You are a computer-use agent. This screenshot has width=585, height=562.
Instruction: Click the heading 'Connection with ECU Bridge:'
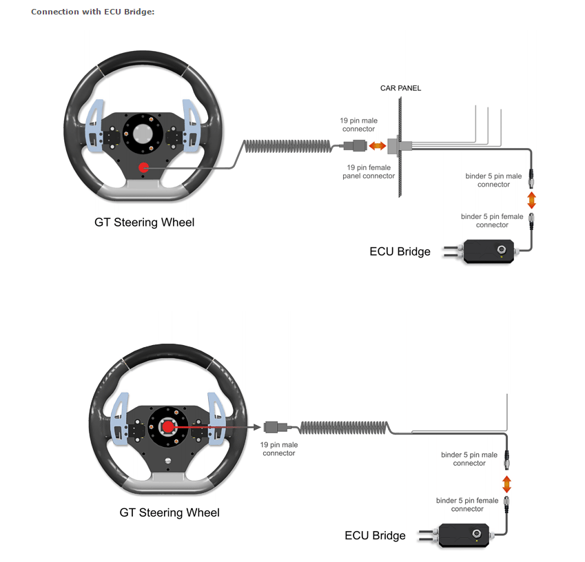pos(92,12)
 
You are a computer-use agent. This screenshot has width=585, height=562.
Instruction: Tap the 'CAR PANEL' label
pos(400,88)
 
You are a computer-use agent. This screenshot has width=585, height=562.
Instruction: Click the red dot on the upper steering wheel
pos(143,167)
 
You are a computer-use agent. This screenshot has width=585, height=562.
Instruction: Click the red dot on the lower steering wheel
pos(167,427)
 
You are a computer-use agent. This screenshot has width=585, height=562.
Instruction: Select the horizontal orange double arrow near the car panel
pos(377,146)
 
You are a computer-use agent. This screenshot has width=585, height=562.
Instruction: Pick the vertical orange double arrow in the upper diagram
pos(531,200)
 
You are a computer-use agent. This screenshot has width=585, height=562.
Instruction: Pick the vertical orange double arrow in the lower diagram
pos(506,482)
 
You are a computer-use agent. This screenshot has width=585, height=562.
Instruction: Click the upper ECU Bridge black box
pos(491,251)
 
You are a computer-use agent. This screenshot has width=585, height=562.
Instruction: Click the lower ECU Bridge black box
pos(465,534)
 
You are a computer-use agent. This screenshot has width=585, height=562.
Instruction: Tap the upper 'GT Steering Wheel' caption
pos(145,222)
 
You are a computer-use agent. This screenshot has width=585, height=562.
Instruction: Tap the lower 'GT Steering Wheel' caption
pos(170,512)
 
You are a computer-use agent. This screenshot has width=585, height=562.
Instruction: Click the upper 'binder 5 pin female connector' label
pos(492,220)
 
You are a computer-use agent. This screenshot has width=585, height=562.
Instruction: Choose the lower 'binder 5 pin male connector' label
pos(469,459)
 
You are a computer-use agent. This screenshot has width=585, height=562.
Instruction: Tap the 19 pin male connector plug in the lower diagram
pos(272,427)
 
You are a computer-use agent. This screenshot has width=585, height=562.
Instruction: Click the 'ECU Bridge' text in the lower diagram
pos(375,535)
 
